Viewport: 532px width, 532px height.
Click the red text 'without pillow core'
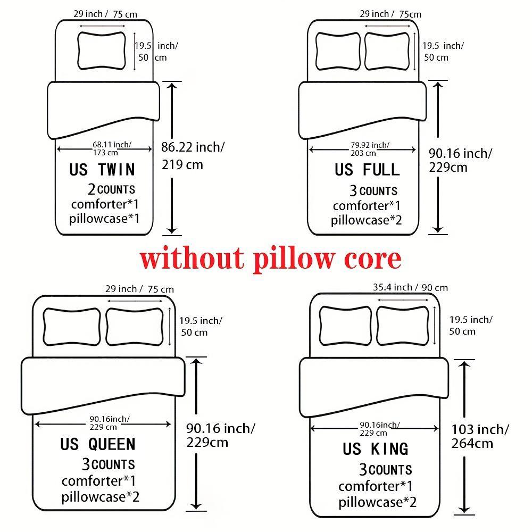tap(270, 259)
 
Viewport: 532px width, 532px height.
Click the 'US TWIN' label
tap(102, 170)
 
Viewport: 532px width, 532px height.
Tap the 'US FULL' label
tap(367, 170)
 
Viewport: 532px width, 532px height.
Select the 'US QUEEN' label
tap(98, 444)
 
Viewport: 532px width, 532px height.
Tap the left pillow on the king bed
tap(345, 326)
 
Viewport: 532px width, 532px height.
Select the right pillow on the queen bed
tap(135, 326)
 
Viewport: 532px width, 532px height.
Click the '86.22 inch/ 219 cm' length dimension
tap(193, 155)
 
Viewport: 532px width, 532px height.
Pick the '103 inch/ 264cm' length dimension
tap(480, 436)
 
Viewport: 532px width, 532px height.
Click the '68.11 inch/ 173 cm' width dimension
tap(111, 148)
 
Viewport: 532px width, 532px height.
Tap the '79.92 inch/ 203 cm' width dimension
tap(369, 148)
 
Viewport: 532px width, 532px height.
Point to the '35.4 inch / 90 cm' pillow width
tap(410, 288)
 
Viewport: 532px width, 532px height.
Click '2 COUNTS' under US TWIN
tap(111, 189)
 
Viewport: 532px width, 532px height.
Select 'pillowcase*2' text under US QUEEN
tap(101, 497)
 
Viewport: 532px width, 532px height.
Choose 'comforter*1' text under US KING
tap(376, 486)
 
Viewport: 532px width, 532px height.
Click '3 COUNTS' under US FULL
tap(373, 190)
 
